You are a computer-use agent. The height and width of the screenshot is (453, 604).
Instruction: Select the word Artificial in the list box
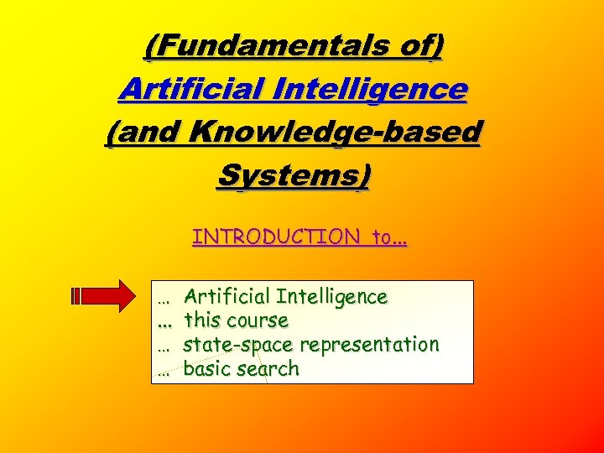226,296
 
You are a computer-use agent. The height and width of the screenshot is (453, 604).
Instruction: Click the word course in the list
260,320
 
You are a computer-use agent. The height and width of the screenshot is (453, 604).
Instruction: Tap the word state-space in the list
237,345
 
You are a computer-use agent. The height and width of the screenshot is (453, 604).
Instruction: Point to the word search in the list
267,369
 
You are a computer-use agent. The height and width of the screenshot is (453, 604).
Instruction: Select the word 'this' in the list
201,320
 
